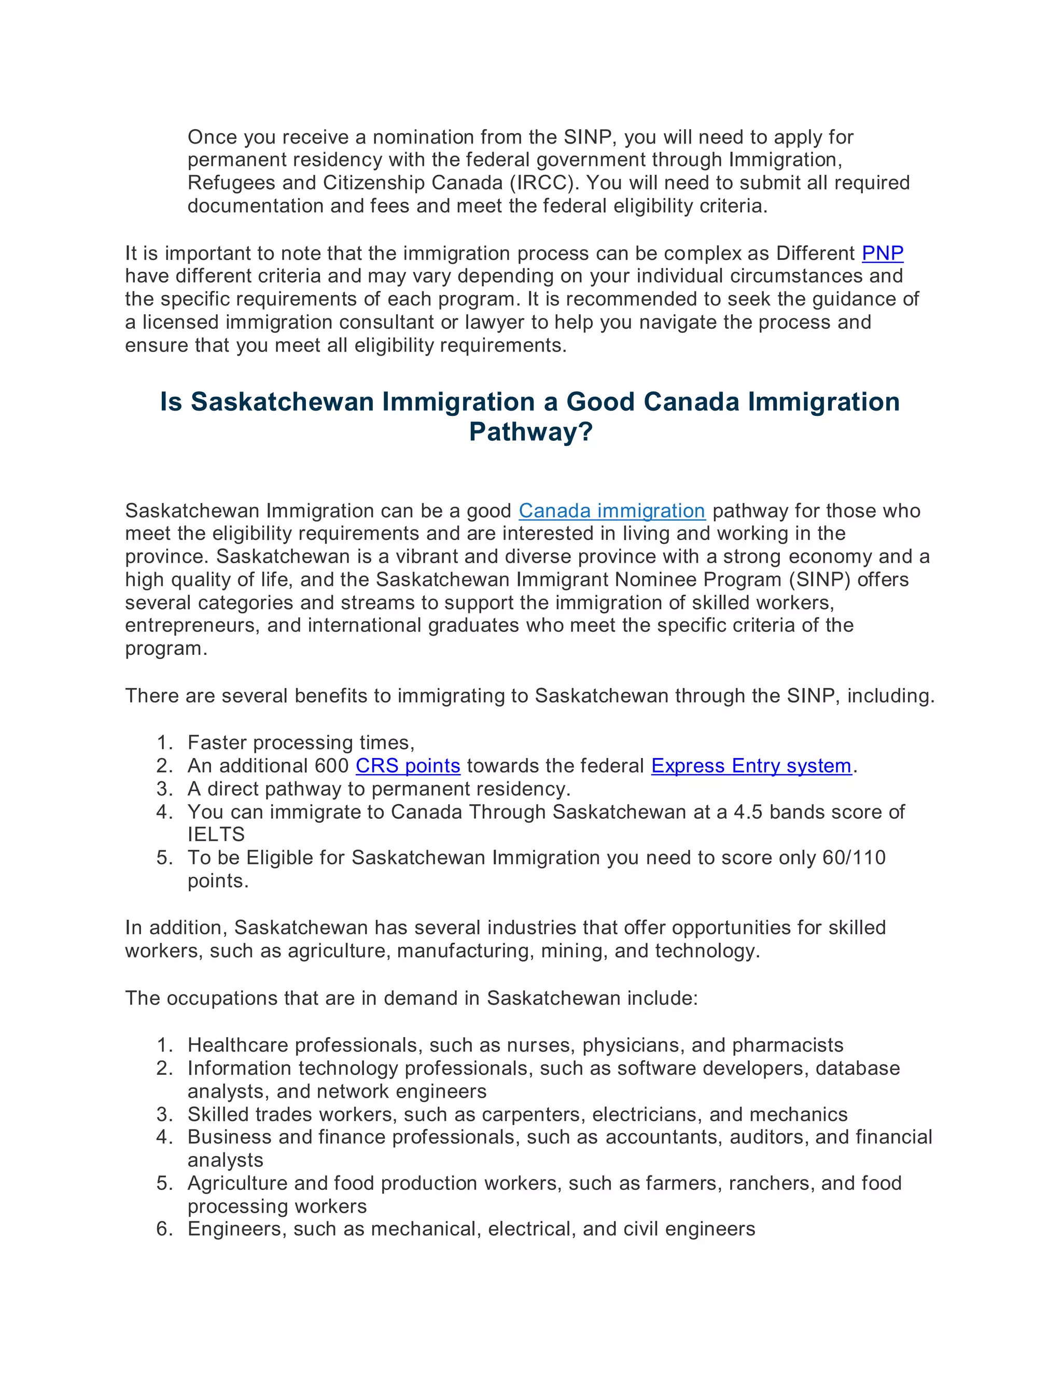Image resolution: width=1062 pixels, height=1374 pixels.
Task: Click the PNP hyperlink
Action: point(882,253)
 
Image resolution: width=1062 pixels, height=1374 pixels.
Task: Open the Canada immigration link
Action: point(611,510)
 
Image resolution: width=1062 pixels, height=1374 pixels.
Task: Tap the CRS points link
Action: point(408,766)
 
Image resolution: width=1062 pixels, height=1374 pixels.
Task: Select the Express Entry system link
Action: point(750,766)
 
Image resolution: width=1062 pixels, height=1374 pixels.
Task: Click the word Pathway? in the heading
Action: point(531,432)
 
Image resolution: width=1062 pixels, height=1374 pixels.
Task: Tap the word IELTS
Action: point(216,834)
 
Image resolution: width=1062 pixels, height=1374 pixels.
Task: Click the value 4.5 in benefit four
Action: point(748,811)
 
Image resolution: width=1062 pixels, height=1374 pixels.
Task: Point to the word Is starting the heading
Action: point(171,402)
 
